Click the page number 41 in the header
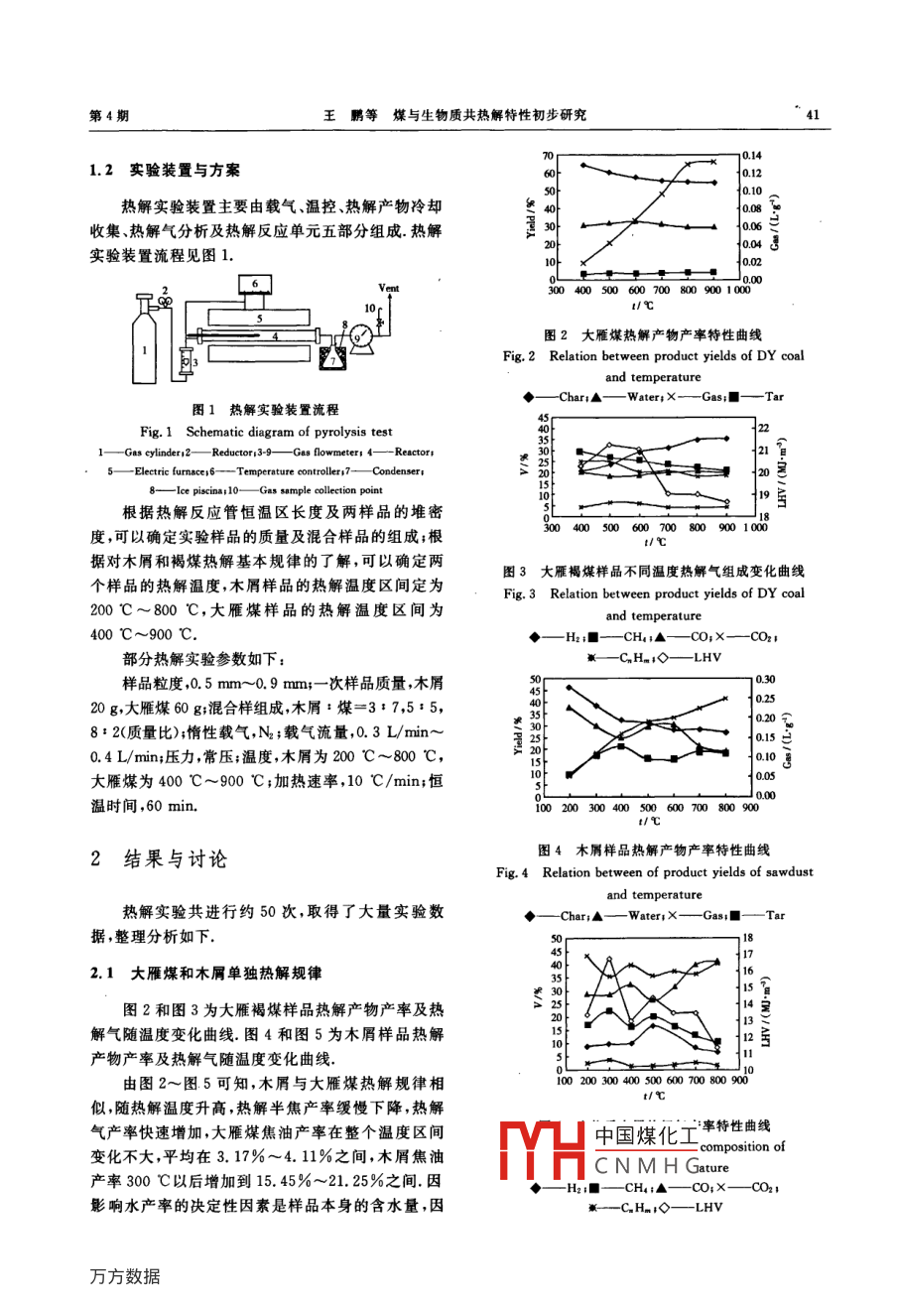point(813,115)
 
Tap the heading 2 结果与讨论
point(159,859)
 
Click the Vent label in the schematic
point(389,289)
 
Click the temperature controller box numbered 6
point(255,285)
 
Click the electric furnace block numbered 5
point(258,320)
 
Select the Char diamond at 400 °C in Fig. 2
point(583,165)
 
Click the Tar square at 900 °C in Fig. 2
point(713,271)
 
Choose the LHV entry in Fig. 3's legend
point(708,657)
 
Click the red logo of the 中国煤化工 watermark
point(542,1152)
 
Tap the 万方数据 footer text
point(125,1276)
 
